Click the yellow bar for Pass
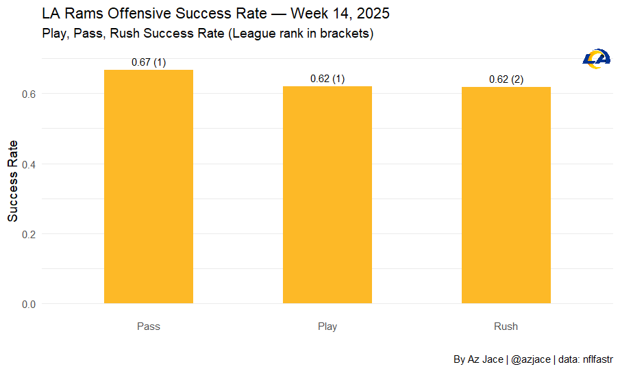click(x=149, y=186)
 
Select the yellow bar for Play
click(x=327, y=194)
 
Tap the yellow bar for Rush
click(x=506, y=195)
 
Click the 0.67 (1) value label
click(x=149, y=62)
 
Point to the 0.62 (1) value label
click(x=327, y=79)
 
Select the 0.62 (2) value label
click(x=506, y=79)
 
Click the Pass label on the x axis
click(x=149, y=327)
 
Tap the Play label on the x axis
click(x=327, y=327)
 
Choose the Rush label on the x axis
click(x=506, y=327)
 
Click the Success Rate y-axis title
click(x=12, y=181)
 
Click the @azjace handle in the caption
click(x=531, y=359)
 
